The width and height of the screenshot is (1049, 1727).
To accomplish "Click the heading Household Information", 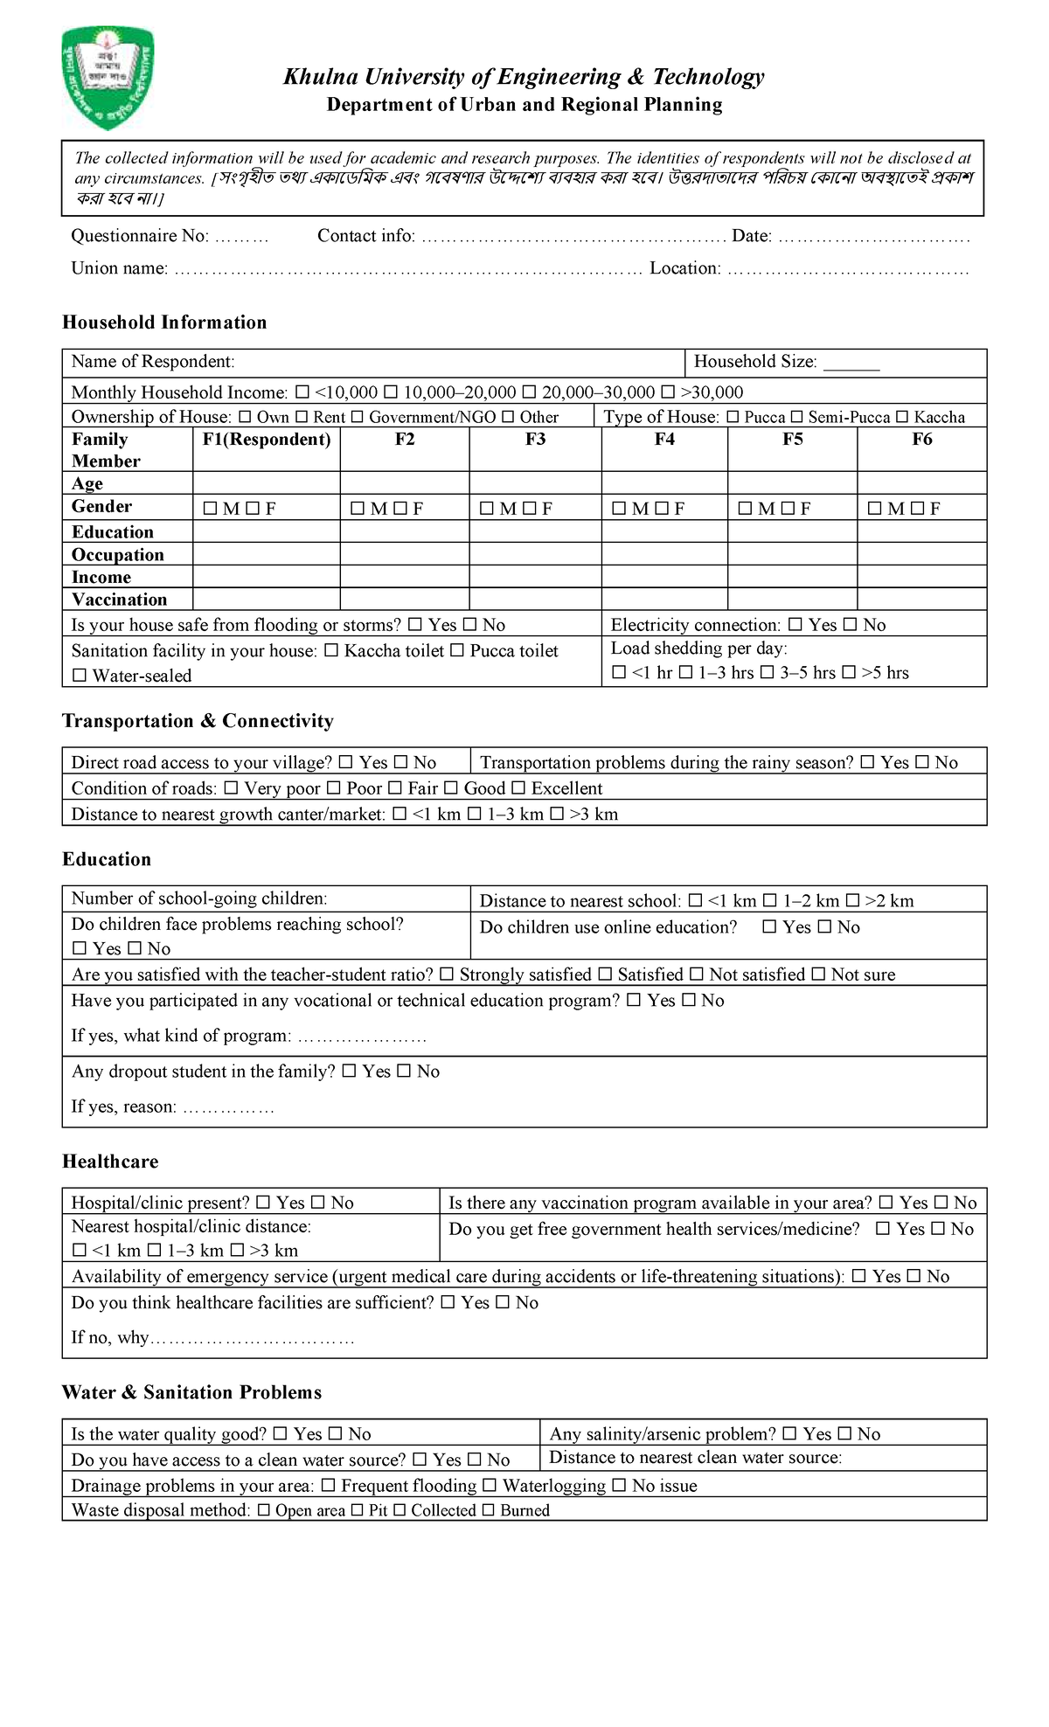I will coord(164,323).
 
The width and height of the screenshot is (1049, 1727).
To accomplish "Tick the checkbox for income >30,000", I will coord(669,392).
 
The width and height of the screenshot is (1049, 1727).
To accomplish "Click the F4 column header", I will coord(664,440).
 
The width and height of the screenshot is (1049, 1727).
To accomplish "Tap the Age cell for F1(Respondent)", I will coord(266,483).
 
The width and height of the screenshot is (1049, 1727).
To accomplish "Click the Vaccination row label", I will coord(119,600).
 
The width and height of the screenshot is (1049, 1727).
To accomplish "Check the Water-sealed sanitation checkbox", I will coord(80,676).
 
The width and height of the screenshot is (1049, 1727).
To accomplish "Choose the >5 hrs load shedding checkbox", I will coord(849,673).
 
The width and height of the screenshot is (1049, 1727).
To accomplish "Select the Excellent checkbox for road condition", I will coord(518,788).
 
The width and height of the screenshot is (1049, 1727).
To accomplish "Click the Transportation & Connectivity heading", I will coord(198,721).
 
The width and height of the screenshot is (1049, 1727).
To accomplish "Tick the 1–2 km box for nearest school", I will coord(770,901).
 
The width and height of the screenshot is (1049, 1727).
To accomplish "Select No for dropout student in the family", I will coord(404,1072).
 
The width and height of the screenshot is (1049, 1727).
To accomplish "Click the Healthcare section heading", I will coord(110,1162).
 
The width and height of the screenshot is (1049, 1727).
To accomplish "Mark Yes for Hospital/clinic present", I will coord(263,1203).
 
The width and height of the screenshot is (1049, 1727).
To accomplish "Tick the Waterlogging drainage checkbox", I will coord(490,1486).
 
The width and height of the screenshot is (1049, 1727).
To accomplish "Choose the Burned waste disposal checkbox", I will coord(488,1510).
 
